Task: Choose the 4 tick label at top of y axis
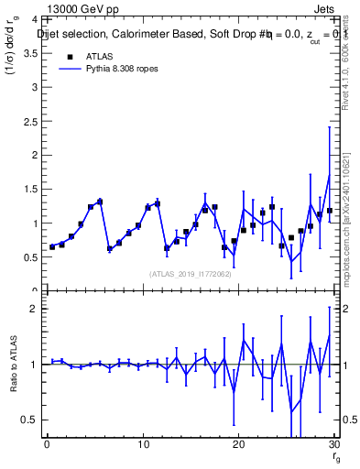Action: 34,19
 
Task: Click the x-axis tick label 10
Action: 142,445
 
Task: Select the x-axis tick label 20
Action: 238,445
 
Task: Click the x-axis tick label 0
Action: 47,445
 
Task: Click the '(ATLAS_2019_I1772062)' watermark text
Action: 190,273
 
